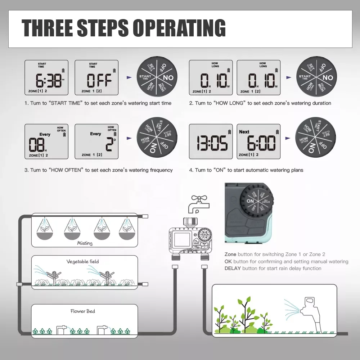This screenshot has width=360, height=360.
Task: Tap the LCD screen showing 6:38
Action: (46, 77)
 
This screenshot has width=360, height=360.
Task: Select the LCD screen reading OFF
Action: (96, 77)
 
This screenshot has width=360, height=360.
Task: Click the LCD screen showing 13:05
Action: (211, 141)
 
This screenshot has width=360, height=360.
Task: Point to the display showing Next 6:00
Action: (258, 141)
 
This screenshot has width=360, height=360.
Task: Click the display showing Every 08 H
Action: (46, 141)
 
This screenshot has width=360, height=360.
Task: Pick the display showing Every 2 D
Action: (96, 141)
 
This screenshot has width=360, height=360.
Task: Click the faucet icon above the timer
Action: (197, 204)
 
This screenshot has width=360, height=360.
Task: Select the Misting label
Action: (85, 243)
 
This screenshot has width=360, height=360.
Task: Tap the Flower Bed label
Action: (83, 311)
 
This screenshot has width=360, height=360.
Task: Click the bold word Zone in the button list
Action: (230, 254)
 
